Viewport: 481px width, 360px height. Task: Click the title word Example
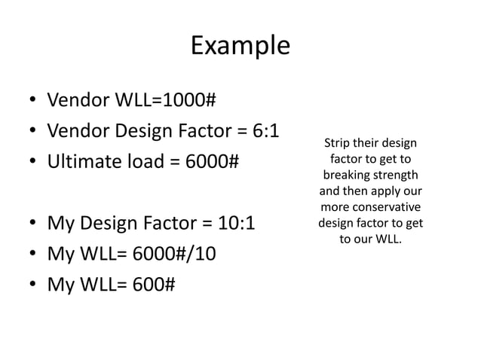[240, 46]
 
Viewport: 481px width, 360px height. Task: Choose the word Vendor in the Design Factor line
[78, 131]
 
